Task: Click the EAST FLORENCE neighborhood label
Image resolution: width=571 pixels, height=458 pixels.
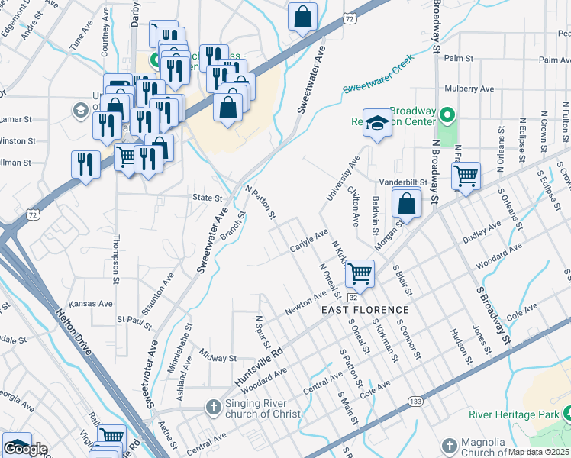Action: tap(365, 310)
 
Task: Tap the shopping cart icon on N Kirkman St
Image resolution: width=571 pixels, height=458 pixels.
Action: tap(360, 272)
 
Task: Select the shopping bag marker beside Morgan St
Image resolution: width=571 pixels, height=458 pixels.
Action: tap(407, 204)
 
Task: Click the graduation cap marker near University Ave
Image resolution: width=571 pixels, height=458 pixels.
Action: tap(377, 122)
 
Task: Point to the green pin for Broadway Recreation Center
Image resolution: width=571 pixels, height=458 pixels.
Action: tap(447, 116)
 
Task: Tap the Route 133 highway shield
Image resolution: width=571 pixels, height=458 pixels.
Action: tap(415, 401)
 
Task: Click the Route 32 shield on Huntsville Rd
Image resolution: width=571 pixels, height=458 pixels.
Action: tap(353, 296)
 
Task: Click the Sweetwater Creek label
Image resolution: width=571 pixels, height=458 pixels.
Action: tap(378, 73)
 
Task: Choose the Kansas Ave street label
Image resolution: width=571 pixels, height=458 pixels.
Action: tap(91, 304)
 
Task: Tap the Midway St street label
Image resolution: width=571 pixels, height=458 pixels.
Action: tap(218, 356)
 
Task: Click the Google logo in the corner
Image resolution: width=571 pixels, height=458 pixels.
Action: tap(25, 449)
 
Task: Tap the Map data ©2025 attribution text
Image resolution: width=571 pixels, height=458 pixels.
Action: tap(539, 452)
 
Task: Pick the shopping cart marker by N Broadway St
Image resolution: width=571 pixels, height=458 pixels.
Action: tap(465, 176)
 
